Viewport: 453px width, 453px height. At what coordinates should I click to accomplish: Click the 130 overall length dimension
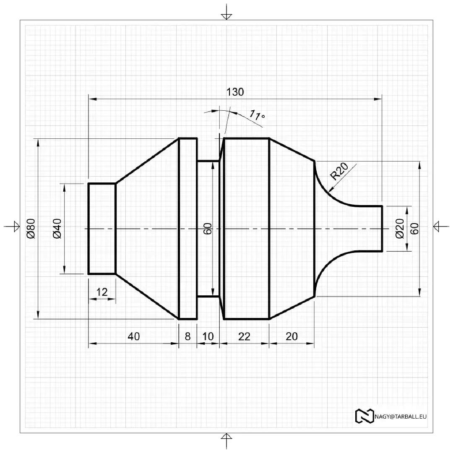point(235,92)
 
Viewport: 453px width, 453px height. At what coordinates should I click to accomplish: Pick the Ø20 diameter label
point(400,229)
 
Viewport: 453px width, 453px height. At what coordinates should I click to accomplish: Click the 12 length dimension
point(102,292)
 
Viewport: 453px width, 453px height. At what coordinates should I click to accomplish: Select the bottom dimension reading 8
point(187,336)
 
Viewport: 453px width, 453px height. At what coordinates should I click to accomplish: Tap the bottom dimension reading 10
point(208,336)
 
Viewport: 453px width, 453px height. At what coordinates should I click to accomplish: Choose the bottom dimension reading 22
point(244,336)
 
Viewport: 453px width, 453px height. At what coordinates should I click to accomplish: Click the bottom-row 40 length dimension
point(134,336)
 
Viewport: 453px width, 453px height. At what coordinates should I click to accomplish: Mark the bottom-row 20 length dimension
point(292,336)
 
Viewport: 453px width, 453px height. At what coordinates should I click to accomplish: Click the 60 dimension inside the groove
point(207,229)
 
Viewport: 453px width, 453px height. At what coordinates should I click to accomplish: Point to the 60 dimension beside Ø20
point(414,229)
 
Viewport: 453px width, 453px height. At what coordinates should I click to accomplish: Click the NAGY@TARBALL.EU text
point(401,417)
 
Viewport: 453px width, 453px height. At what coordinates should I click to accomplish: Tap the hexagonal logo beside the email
point(364,416)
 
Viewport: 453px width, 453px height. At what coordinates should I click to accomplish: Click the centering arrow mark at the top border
point(226,13)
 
